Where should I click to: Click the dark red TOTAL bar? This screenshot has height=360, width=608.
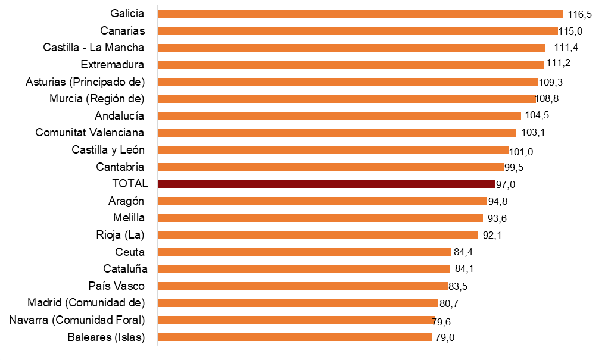point(326,184)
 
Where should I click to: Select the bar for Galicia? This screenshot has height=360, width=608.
point(360,14)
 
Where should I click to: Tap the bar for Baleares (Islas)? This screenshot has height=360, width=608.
point(295,337)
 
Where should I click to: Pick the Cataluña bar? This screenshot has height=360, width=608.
point(304,269)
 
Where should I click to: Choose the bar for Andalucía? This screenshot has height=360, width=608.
point(339,115)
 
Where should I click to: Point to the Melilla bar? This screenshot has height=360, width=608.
point(320,218)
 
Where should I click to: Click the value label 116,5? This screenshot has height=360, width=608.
point(579,15)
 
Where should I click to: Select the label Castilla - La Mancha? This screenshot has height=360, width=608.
point(93,48)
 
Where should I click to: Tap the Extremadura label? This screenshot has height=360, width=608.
point(112,64)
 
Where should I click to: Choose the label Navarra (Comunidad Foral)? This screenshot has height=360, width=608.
point(77,320)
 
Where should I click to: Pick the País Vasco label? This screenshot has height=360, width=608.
point(116,286)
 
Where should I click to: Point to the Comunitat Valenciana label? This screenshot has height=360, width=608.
point(89,132)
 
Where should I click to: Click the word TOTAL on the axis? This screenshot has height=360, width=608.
point(130,184)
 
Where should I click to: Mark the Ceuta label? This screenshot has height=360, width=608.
point(130,252)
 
